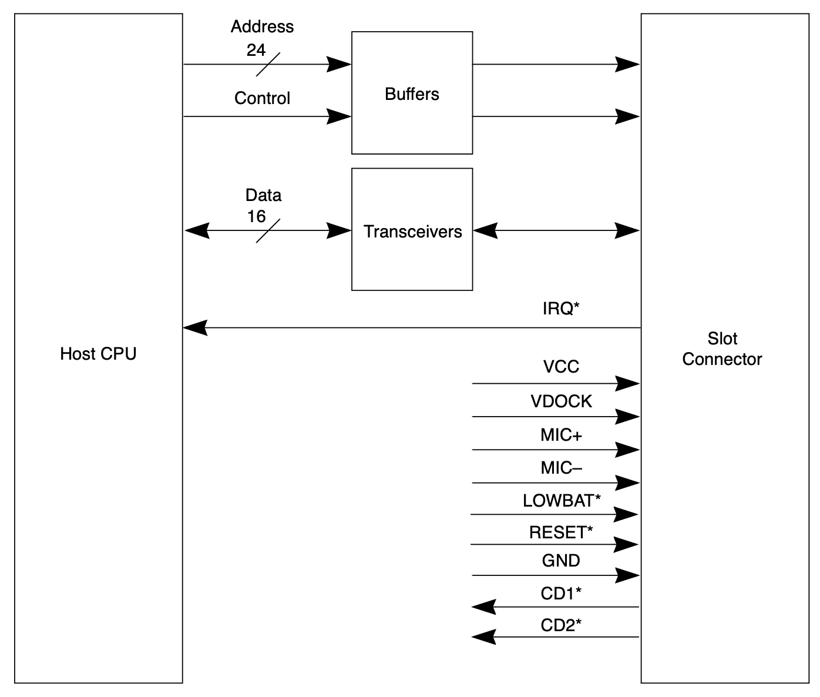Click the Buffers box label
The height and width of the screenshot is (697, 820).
click(412, 94)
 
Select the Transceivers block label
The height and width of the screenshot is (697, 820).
click(412, 232)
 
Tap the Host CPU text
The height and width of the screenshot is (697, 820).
click(98, 354)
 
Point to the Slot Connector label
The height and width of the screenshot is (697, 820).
click(722, 348)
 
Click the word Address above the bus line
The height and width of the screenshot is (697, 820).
click(262, 26)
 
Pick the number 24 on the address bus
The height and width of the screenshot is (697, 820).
click(256, 50)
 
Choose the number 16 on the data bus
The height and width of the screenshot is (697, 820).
click(256, 216)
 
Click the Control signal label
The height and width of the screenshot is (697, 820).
click(262, 98)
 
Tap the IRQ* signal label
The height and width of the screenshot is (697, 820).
click(561, 309)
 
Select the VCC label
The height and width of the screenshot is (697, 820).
click(561, 367)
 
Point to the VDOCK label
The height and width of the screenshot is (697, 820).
click(561, 401)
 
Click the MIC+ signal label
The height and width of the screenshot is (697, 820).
click(561, 435)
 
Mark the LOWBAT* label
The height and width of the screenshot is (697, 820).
click(562, 501)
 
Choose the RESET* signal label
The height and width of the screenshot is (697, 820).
click(561, 532)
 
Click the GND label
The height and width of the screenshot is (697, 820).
click(561, 561)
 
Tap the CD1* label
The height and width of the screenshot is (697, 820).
click(561, 594)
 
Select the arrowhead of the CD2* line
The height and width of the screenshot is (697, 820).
click(484, 636)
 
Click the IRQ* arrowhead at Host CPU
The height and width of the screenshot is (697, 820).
click(196, 328)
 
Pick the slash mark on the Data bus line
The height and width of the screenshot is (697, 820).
click(268, 231)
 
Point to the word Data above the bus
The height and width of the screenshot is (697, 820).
click(263, 195)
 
